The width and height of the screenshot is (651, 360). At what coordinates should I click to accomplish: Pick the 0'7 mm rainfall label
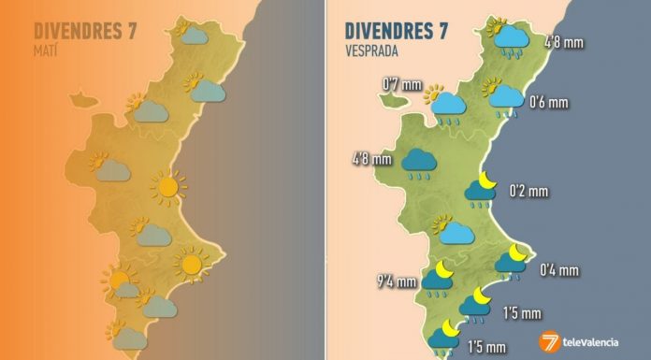click(398, 87)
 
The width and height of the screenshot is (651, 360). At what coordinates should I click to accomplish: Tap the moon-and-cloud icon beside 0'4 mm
click(512, 261)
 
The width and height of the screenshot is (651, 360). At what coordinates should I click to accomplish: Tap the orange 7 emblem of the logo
click(549, 341)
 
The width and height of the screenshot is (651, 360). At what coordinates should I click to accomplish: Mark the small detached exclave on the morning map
click(83, 96)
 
